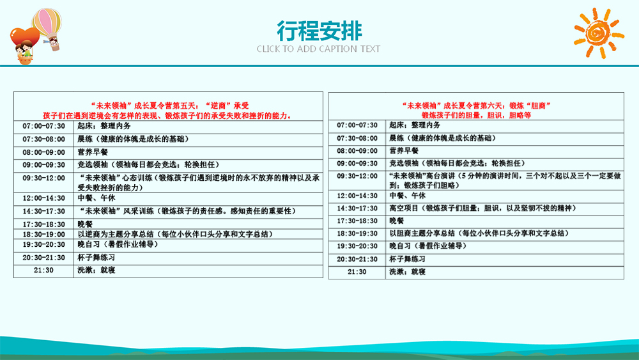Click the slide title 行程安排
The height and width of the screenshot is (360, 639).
(319, 31)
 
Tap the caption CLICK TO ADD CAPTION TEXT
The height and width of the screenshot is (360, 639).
(318, 49)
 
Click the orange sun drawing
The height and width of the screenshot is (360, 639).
(599, 33)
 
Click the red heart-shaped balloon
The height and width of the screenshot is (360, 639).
(24, 39)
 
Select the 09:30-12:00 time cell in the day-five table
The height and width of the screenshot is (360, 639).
(43, 178)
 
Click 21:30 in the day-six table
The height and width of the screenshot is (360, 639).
(357, 272)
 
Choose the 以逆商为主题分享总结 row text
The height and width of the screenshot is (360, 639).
(175, 235)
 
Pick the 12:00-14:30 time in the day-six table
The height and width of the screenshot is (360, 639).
(357, 196)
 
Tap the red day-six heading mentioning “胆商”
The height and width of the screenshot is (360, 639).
(477, 106)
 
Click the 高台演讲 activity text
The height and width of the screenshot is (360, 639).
(505, 180)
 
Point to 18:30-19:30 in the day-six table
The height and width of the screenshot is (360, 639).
(357, 233)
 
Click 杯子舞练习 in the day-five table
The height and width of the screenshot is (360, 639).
(96, 258)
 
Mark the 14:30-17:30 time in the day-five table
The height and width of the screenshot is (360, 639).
(43, 211)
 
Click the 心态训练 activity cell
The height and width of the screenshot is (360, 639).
(199, 183)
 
